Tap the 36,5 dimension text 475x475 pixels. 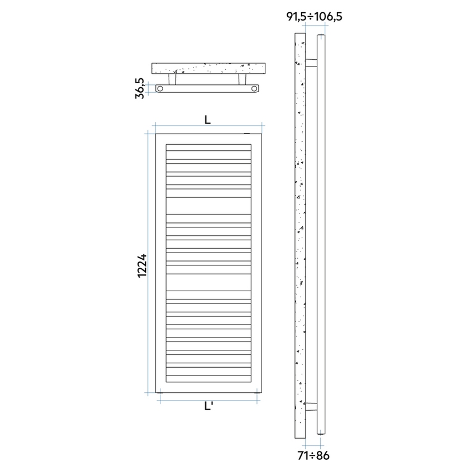(x=140, y=89)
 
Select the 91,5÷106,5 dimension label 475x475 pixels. (x=313, y=17)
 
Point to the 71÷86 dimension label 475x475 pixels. (x=314, y=455)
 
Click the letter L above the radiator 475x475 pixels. (x=208, y=119)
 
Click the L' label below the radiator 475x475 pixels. (x=208, y=406)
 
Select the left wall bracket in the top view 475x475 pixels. (x=174, y=80)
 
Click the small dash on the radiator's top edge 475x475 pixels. (x=246, y=133)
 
